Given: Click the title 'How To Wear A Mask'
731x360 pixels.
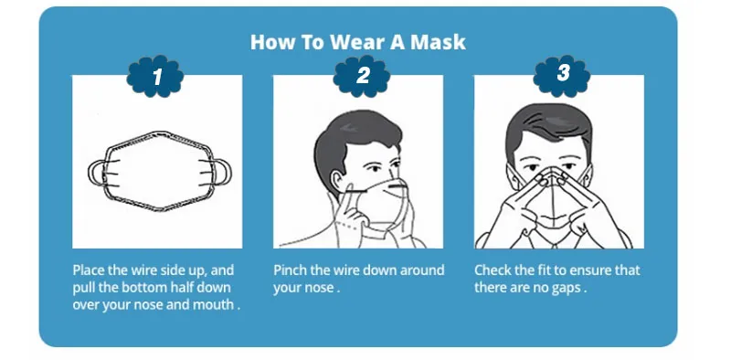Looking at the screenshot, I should [358, 42].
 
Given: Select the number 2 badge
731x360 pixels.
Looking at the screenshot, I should [362, 77].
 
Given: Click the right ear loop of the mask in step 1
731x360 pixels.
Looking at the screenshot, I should [219, 172].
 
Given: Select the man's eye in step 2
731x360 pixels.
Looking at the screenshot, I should [377, 167].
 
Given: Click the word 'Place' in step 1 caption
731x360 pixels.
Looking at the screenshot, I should [90, 270].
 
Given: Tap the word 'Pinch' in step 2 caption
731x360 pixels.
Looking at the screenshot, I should [291, 270].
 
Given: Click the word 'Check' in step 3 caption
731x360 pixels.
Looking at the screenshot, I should [494, 270].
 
